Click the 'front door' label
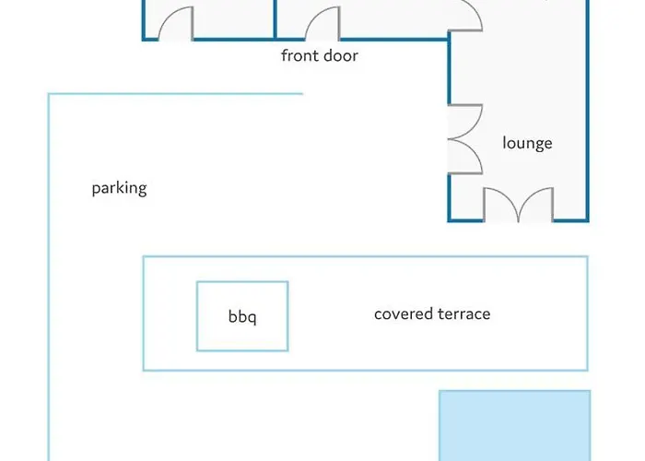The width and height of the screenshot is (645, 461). pyautogui.click(x=319, y=56)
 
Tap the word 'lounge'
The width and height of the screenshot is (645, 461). pyautogui.click(x=527, y=143)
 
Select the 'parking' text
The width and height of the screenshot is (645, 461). pyautogui.click(x=119, y=189)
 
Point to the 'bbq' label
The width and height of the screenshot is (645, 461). pyautogui.click(x=242, y=317)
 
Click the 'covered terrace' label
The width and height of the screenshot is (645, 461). pyautogui.click(x=432, y=313)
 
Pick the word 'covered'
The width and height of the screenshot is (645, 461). pyautogui.click(x=402, y=313)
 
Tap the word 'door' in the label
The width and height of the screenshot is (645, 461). pyautogui.click(x=340, y=56)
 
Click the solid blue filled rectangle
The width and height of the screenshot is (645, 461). pyautogui.click(x=514, y=425)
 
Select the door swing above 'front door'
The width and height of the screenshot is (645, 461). pyautogui.click(x=322, y=25)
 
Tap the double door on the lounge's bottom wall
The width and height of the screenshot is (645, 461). pyautogui.click(x=519, y=206)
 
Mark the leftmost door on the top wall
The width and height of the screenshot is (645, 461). pyautogui.click(x=176, y=25)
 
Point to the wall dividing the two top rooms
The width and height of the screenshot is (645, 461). pyautogui.click(x=276, y=18)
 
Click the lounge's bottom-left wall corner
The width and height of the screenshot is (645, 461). pyautogui.click(x=450, y=220)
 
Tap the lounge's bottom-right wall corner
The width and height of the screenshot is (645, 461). pyautogui.click(x=587, y=220)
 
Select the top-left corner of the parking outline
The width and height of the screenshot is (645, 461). pyautogui.click(x=49, y=94)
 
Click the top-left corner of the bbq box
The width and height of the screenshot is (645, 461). pyautogui.click(x=197, y=283)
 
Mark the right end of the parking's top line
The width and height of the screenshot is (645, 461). pyautogui.click(x=302, y=93)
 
